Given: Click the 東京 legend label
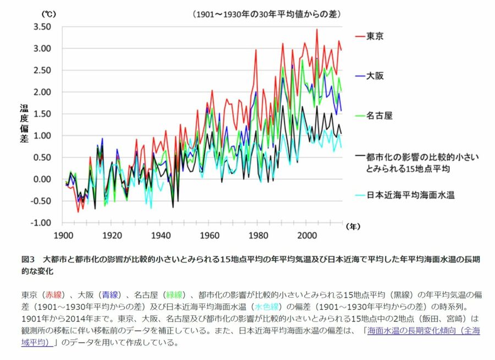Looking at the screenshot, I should [375, 36].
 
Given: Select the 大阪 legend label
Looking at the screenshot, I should [375, 76].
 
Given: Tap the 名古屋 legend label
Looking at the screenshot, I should [379, 116].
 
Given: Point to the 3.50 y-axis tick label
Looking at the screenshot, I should [42, 27].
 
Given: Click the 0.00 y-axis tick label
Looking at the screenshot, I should [42, 179].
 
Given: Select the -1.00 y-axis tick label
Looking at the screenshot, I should [41, 223].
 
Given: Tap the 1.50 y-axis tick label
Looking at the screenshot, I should [42, 114].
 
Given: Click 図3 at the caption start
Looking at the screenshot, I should [28, 259].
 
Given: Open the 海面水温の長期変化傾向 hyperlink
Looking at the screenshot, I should [424, 331].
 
